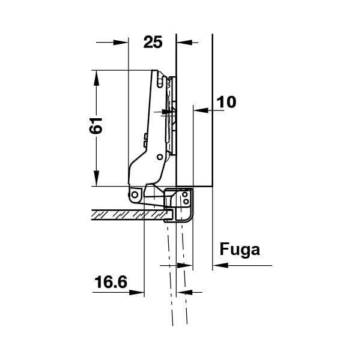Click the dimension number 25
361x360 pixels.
153,42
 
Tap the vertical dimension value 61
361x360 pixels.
96,125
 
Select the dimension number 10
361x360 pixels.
226,102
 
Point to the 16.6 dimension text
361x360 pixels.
111,282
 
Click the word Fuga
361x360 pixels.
240,250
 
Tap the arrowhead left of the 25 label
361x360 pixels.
121,43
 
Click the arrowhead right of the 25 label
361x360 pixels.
184,43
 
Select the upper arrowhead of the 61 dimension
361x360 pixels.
97,78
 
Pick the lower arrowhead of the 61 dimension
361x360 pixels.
97,178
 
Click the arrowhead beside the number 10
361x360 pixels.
201,110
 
